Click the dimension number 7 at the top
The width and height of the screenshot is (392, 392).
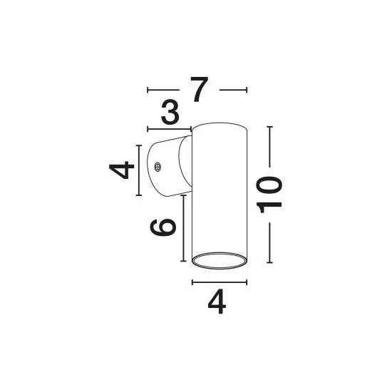pos(200,89)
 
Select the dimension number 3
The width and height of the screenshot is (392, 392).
pos(170,112)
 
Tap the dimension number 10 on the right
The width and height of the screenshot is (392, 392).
pos(269,195)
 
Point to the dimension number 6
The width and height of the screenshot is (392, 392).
pos(163,227)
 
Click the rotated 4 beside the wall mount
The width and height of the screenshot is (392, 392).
pos(122,170)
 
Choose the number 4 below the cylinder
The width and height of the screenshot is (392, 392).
pos(217,301)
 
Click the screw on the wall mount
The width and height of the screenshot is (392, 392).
pos(158,167)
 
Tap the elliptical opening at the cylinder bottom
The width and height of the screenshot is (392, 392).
pos(220,260)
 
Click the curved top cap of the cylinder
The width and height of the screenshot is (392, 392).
pos(220,123)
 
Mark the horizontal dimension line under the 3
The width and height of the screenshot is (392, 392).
pos(170,129)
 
